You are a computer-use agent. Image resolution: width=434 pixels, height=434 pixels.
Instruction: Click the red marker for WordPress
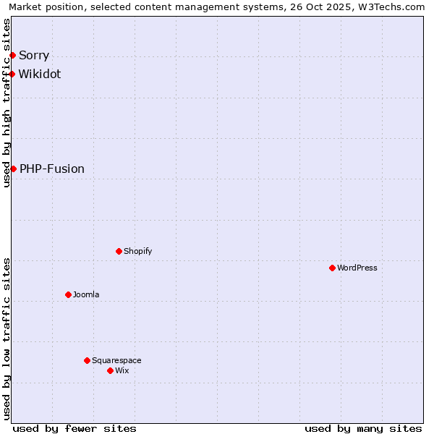click(x=332, y=268)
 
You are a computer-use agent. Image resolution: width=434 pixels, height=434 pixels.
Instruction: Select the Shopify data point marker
click(x=119, y=251)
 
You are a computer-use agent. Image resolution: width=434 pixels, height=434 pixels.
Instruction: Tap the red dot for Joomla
click(x=68, y=294)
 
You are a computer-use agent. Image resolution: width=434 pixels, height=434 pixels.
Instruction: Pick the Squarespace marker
click(x=87, y=360)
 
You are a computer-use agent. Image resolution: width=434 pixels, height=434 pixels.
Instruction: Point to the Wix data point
click(x=110, y=370)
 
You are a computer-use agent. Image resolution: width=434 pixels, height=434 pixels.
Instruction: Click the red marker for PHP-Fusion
click(x=13, y=169)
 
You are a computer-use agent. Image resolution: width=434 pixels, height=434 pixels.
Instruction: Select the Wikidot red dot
click(x=12, y=74)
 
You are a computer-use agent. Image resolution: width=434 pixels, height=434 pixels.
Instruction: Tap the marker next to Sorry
click(x=12, y=55)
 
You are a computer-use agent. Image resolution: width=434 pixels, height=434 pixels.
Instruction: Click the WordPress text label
click(x=357, y=268)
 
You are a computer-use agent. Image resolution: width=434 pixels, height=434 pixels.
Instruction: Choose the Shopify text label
click(x=137, y=251)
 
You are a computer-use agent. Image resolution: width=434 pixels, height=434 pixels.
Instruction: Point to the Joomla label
click(x=86, y=294)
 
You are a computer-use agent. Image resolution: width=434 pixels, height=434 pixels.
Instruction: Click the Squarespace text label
click(x=116, y=360)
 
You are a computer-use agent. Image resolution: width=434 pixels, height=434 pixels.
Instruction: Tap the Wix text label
click(x=122, y=370)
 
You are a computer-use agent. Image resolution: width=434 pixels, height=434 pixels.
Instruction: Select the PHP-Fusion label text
click(x=52, y=169)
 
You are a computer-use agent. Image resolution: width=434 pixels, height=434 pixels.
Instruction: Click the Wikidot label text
click(x=40, y=74)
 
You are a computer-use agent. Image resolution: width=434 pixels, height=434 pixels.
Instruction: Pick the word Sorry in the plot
click(x=34, y=55)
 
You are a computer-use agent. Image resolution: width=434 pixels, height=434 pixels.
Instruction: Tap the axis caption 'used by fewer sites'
click(x=75, y=428)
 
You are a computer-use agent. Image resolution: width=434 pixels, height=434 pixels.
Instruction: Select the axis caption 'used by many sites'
click(x=363, y=428)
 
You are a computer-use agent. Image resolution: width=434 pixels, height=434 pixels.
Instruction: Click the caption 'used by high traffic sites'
click(x=7, y=103)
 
